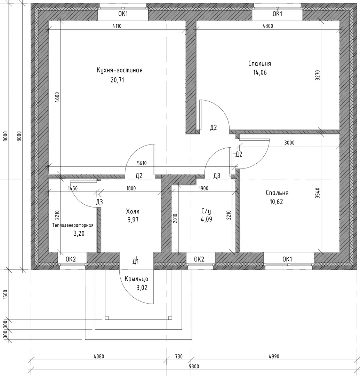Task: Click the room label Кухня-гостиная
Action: (120, 70)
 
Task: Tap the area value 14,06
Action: (260, 72)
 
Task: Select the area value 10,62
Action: (276, 202)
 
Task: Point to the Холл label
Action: (133, 212)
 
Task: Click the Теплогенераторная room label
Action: (73, 225)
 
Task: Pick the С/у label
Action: (206, 211)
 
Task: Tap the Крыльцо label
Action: (136, 279)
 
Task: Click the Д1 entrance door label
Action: (136, 261)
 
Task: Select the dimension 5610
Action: (142, 163)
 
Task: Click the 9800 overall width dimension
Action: (194, 366)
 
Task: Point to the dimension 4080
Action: (99, 357)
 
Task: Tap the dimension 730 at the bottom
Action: (179, 357)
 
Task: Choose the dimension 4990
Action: (274, 357)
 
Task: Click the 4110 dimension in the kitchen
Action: (117, 26)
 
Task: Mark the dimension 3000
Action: (289, 143)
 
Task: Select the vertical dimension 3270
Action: (318, 75)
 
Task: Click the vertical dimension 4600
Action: (57, 97)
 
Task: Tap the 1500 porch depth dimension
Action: (6, 294)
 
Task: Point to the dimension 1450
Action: (73, 188)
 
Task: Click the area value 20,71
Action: (117, 80)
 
